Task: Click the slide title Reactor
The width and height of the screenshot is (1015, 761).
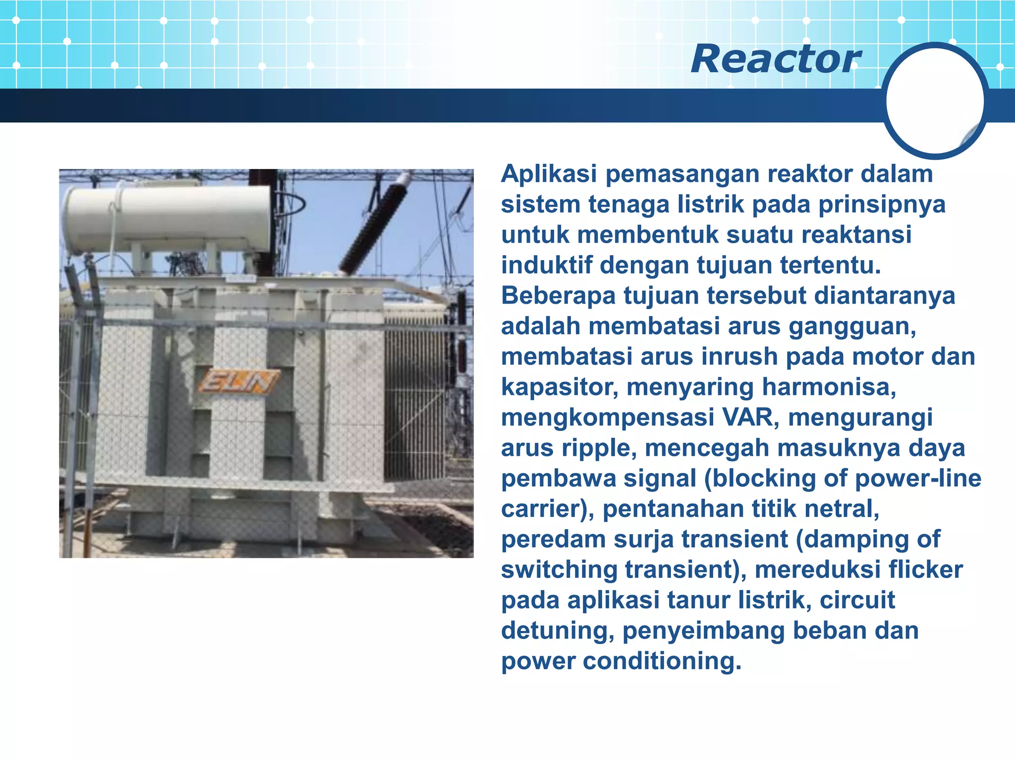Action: pyautogui.click(x=776, y=59)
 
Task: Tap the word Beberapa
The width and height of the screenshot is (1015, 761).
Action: pyautogui.click(x=558, y=296)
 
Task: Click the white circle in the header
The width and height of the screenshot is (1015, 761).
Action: pyautogui.click(x=935, y=101)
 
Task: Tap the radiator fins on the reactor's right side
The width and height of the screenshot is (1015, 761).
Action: pyautogui.click(x=416, y=396)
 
